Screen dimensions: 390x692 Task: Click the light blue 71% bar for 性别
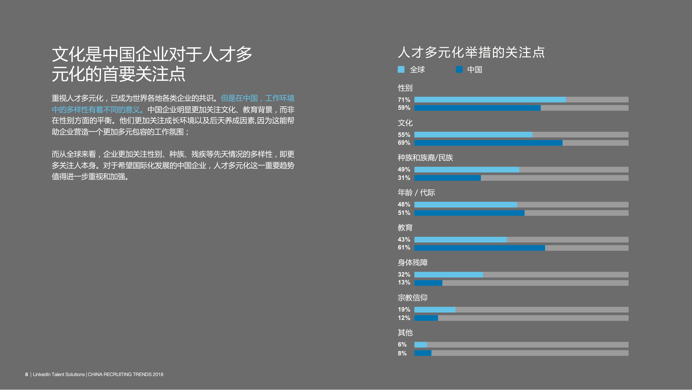[x=490, y=100]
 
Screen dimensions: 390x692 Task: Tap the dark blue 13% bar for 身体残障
[x=428, y=283]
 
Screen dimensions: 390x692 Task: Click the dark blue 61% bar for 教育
[x=480, y=248]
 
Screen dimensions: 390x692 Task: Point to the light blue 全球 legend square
[x=401, y=69]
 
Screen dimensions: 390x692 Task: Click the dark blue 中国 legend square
[x=459, y=69]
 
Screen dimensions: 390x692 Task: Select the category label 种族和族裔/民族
[x=425, y=158]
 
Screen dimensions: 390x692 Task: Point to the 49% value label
[x=404, y=170]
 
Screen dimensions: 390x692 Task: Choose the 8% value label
[x=402, y=353]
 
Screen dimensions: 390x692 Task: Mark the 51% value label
[x=404, y=213]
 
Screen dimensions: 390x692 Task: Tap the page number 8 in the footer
[x=27, y=374]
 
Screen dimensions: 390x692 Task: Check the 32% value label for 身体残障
[x=404, y=275]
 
